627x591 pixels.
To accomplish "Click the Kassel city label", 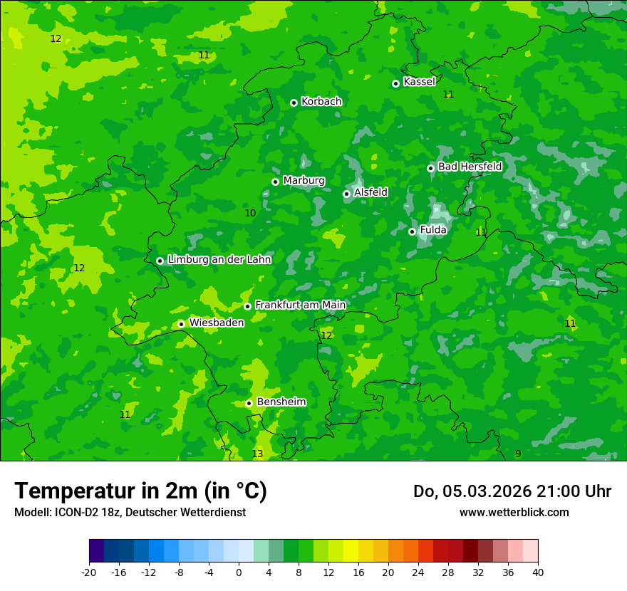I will pos(419,82).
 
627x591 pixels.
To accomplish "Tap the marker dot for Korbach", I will pos(294,103).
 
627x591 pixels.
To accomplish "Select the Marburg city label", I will pos(304,181).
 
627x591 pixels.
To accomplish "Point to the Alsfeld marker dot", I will pos(346,194).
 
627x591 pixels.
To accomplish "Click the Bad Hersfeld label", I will pos(470,167).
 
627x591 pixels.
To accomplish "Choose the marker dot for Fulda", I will pos(412,231).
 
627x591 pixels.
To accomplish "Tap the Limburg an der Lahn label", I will pos(219,259).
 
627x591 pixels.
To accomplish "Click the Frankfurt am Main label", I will pos(300,305).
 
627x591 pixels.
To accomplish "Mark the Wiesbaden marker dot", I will pos(181,324).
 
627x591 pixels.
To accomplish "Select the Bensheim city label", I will pos(281,402).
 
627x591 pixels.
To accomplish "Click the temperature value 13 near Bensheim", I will pos(257,454).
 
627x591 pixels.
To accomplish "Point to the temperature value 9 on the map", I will pos(518,454).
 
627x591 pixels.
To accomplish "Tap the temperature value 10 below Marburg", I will pos(250,213).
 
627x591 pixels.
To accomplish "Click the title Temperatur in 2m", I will pos(140,491).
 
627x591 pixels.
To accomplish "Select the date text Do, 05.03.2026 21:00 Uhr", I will pos(512,491).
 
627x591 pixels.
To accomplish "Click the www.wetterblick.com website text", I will pos(514,512).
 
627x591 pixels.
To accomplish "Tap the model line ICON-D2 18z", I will pos(130,512).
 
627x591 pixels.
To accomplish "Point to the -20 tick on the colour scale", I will pos(89,572).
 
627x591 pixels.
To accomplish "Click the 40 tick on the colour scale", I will pos(538,572).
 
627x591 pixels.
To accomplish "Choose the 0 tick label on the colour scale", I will pos(239,572).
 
